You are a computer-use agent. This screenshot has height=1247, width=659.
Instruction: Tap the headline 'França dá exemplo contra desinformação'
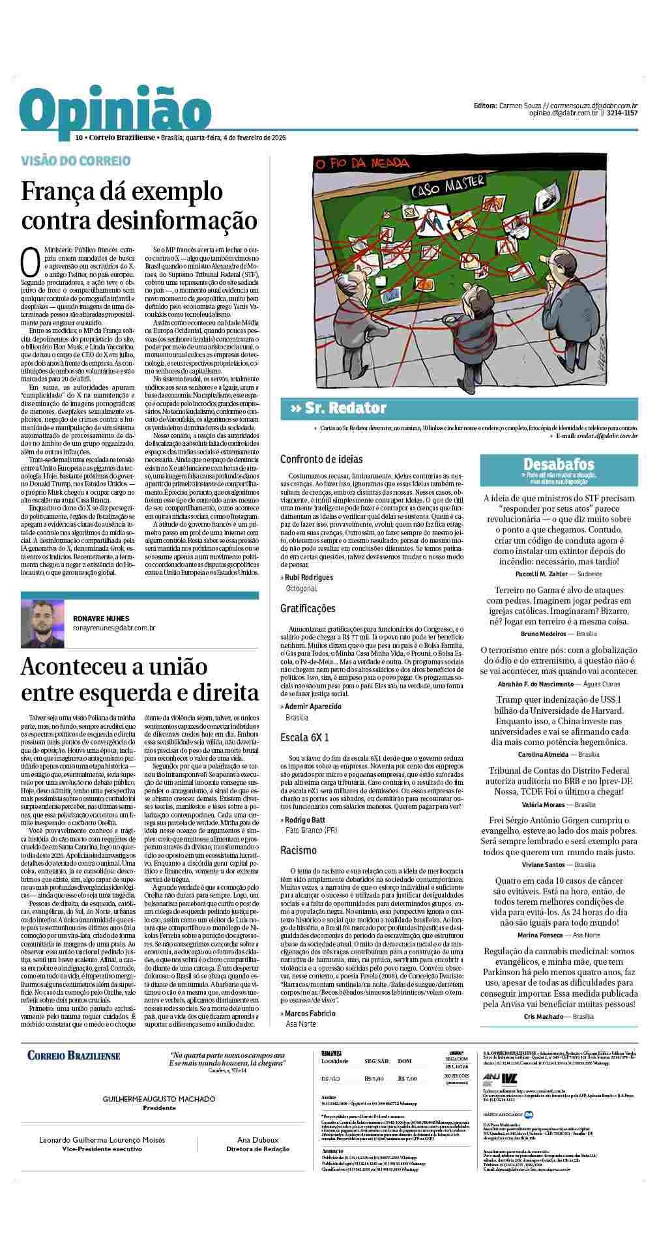pos(139,205)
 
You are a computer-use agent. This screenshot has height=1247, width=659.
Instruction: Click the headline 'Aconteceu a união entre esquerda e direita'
pos(139,679)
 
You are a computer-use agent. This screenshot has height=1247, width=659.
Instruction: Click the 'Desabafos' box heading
pos(559,464)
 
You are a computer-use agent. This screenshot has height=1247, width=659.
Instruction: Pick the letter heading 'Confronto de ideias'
pos(321,460)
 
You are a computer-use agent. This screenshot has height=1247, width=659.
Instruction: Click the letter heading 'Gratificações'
pos(308,608)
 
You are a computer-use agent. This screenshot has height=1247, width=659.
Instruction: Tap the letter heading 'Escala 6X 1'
pos(304,737)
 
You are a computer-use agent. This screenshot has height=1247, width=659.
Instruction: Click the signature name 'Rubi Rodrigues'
pos(309,577)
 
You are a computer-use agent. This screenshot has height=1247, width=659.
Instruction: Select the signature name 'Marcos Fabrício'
pos(310,1013)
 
